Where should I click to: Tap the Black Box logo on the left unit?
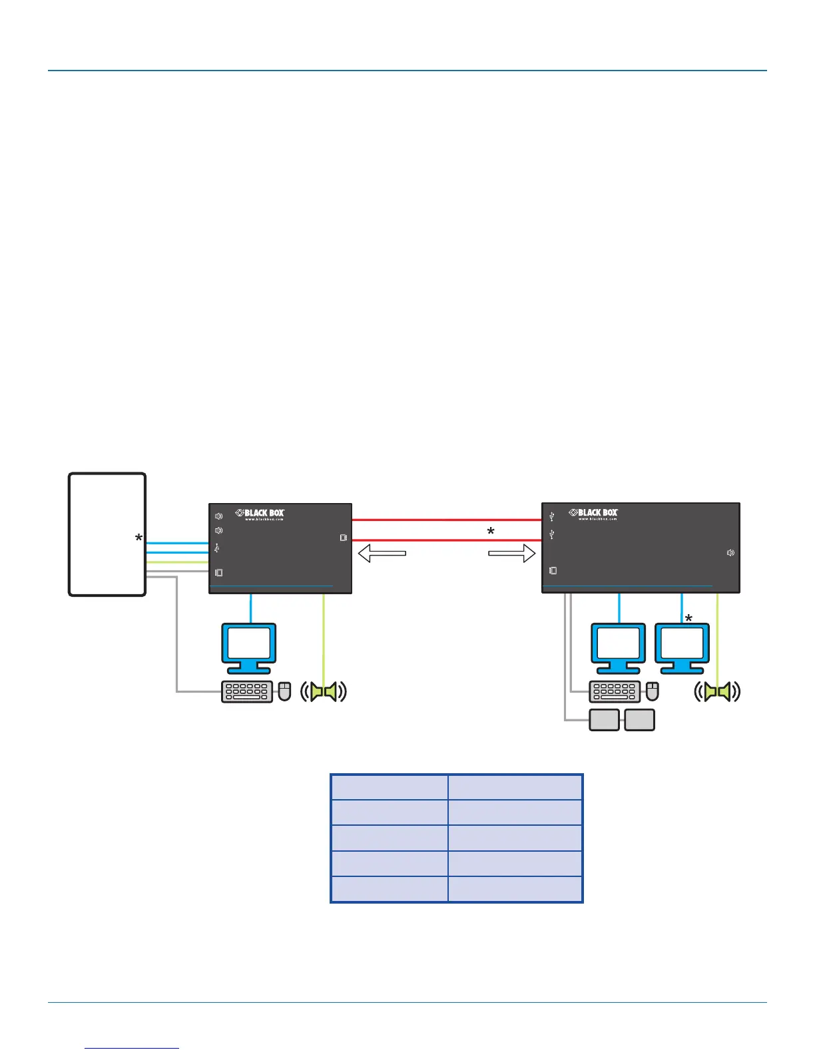(x=260, y=514)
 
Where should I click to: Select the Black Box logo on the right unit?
(x=593, y=513)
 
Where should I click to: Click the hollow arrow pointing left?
(x=382, y=553)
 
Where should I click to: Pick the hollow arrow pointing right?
(x=512, y=553)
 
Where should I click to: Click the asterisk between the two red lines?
(x=491, y=532)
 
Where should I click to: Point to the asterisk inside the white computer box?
(x=138, y=538)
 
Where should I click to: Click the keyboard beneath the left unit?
(x=247, y=692)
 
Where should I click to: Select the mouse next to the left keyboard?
(x=284, y=691)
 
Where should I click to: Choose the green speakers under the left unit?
(x=324, y=692)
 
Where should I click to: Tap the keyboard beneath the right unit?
(x=615, y=692)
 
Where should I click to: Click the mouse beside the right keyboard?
(x=653, y=691)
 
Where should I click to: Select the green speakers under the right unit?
(x=717, y=692)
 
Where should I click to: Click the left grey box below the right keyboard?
(x=605, y=720)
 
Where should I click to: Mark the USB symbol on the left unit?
(x=217, y=548)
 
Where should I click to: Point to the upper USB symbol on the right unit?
(x=551, y=516)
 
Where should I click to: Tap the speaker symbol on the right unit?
(x=730, y=553)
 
